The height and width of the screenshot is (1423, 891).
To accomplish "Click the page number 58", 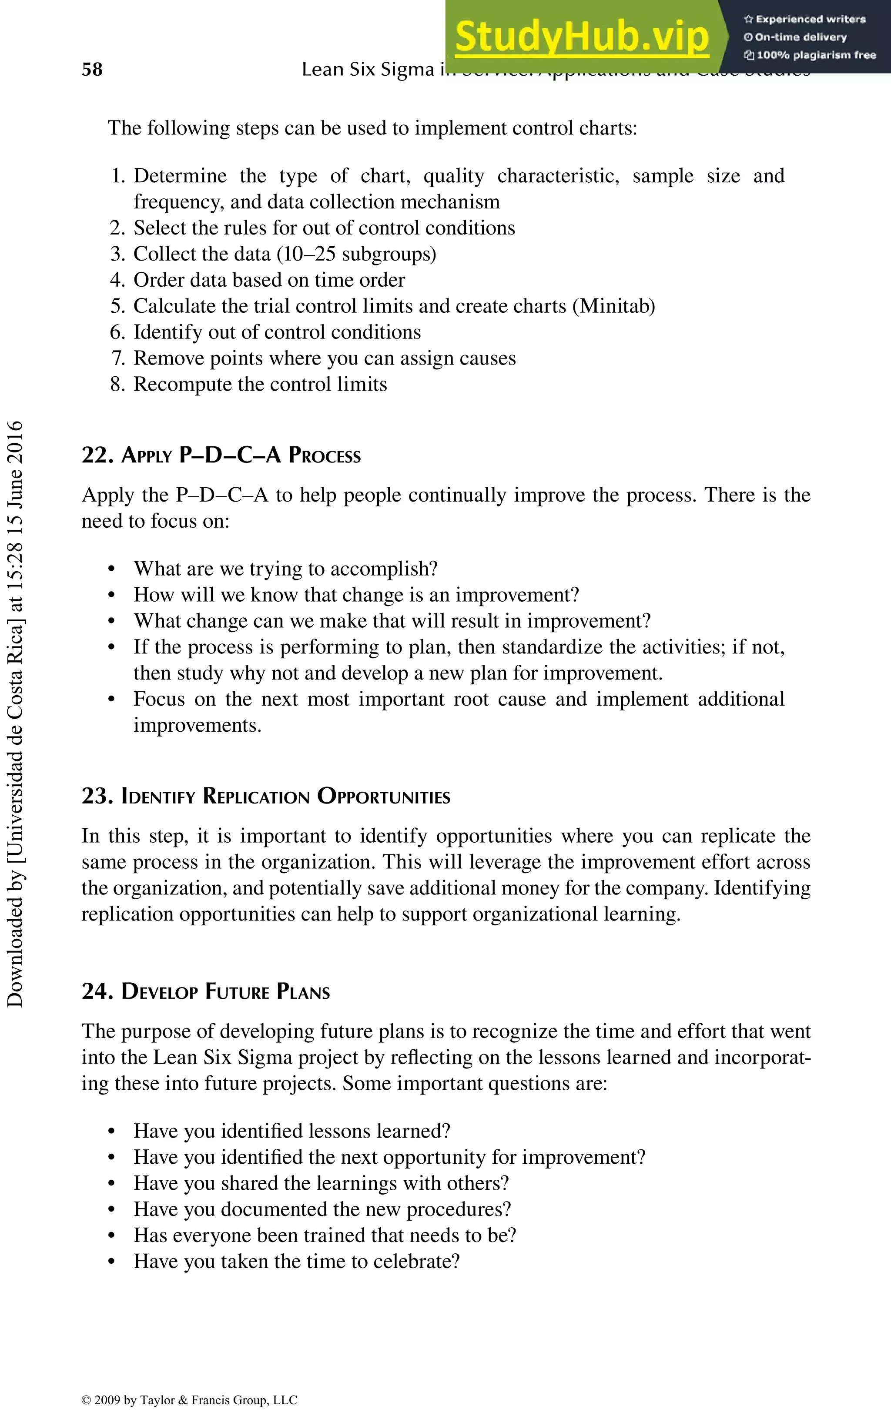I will (x=92, y=70).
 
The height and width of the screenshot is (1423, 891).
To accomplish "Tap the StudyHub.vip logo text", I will (x=582, y=37).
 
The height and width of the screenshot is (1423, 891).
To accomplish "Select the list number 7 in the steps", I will (x=117, y=358).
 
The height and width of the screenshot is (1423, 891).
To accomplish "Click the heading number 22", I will (x=96, y=455).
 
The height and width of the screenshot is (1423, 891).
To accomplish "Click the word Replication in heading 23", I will (x=256, y=796).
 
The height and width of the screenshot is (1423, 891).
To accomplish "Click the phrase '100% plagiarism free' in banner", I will (x=816, y=55).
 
